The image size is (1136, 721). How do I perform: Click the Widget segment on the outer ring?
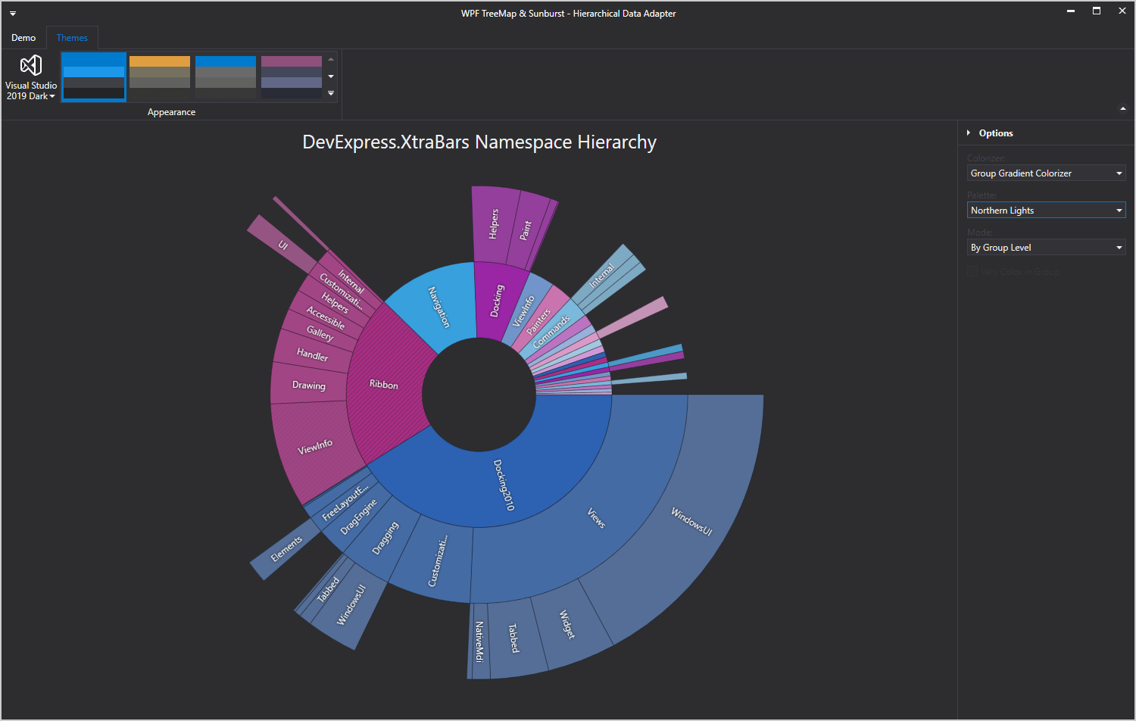pos(567,624)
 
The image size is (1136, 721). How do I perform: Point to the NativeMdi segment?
pos(479,641)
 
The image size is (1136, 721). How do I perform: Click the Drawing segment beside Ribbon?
pos(308,385)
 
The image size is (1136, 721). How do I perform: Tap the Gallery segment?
pos(320,333)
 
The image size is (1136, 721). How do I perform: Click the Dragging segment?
pos(385,538)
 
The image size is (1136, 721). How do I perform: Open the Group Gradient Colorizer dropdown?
pos(1046,173)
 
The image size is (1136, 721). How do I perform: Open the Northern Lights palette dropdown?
pos(1046,211)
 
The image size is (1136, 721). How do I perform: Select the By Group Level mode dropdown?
pos(1046,248)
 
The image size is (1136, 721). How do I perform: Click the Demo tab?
pos(23,38)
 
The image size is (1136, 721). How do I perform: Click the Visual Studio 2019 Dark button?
pos(31,77)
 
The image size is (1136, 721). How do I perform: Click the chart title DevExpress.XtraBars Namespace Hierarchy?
pos(479,142)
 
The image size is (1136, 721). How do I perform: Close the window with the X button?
pos(1122,11)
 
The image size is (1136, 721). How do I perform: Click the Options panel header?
pos(995,133)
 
